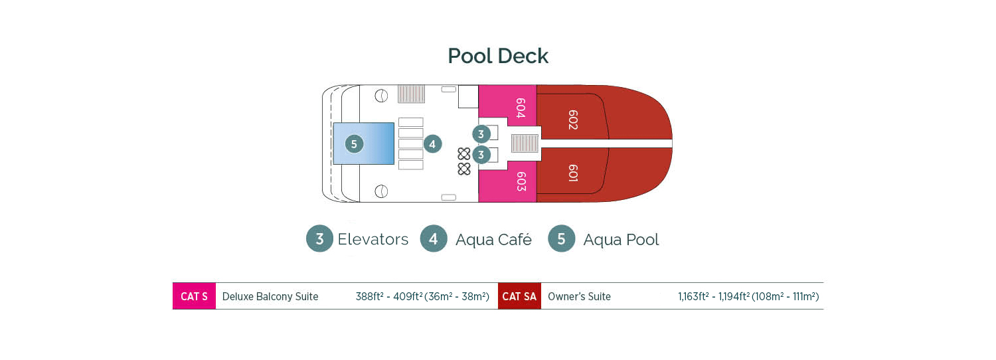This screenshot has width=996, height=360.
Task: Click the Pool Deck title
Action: pyautogui.click(x=498, y=56)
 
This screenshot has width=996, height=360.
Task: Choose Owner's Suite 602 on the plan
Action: pyautogui.click(x=572, y=120)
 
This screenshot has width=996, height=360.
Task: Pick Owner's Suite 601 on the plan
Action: pyautogui.click(x=572, y=173)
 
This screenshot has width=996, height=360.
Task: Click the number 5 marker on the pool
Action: pyautogui.click(x=354, y=143)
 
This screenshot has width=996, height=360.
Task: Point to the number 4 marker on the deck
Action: pyautogui.click(x=432, y=143)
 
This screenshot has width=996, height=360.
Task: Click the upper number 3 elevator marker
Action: pyautogui.click(x=481, y=134)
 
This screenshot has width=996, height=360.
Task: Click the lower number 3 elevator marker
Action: pyautogui.click(x=481, y=155)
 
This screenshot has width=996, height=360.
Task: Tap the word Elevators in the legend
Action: pyautogui.click(x=373, y=239)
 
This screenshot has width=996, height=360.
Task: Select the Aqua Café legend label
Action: pyautogui.click(x=493, y=240)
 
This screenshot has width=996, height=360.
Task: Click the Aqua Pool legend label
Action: pyautogui.click(x=621, y=240)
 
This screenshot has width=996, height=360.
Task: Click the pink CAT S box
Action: pyautogui.click(x=194, y=296)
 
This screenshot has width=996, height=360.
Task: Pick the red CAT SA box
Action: pyautogui.click(x=519, y=296)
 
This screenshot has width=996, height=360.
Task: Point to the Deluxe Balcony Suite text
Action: pyautogui.click(x=270, y=297)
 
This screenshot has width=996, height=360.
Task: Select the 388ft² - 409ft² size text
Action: pyautogui.click(x=422, y=297)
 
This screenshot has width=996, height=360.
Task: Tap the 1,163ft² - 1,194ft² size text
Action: pyautogui.click(x=748, y=297)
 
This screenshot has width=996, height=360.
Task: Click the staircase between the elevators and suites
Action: pyautogui.click(x=525, y=143)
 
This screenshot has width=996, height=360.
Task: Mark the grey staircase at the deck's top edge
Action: pyautogui.click(x=411, y=94)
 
